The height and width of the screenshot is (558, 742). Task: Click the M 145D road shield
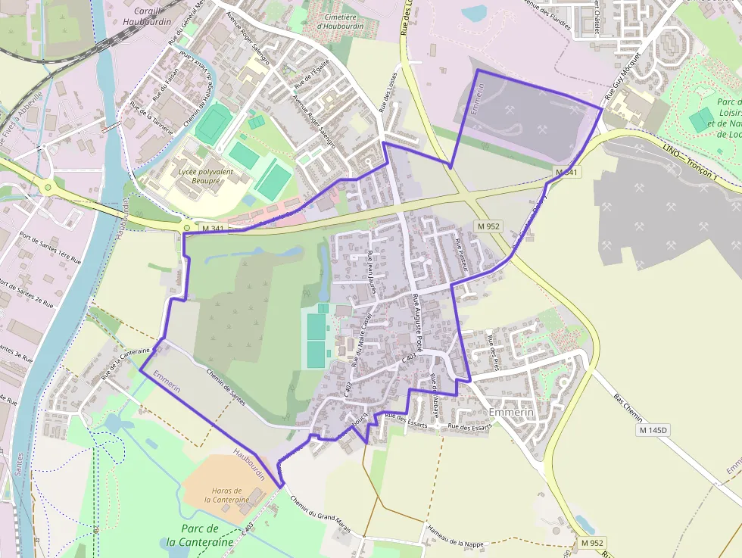point(654,430)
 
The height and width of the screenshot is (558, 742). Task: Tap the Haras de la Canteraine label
point(226,495)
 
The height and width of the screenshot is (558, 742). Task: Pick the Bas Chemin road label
point(628,407)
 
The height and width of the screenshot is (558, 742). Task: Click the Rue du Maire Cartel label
point(361,338)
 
